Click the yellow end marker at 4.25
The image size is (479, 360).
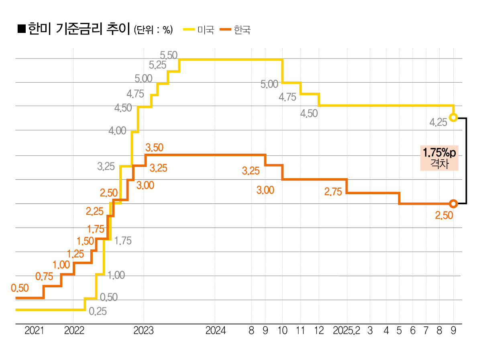pos(453,118)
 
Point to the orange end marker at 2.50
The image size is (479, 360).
pos(453,203)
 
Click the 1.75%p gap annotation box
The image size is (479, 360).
pos(439,158)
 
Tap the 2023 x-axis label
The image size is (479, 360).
pos(143,331)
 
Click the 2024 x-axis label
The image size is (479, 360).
pos(216,331)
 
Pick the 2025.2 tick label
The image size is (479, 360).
pos(347,331)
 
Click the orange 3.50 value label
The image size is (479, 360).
pos(154,147)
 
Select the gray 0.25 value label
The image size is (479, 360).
pos(98,311)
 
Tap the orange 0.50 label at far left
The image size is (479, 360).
pos(20,288)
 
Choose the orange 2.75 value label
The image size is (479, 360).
pos(333,192)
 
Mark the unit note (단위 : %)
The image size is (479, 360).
pos(153,30)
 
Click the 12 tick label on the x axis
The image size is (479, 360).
pos(319,331)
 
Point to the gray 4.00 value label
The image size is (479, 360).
pos(117,131)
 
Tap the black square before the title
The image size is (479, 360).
pos(22,29)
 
